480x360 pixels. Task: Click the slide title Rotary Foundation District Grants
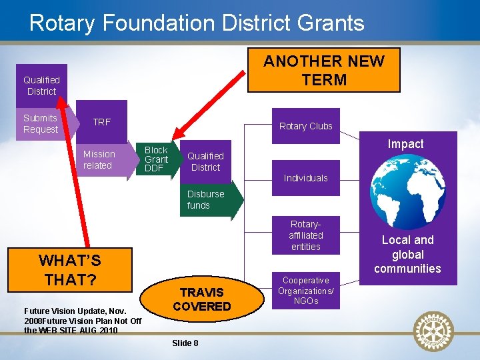[197, 23]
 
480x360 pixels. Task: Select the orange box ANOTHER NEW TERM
[323, 70]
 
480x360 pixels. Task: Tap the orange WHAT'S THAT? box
[70, 270]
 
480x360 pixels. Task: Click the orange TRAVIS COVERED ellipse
[201, 299]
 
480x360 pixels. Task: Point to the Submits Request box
[41, 123]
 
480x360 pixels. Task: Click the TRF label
[102, 122]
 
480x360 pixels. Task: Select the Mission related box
[99, 160]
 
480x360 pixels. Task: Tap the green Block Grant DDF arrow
[157, 159]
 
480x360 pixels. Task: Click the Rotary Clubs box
[306, 126]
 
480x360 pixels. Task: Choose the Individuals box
[306, 178]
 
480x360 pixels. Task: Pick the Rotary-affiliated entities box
[306, 235]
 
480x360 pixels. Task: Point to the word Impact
[405, 144]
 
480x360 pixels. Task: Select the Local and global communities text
[407, 254]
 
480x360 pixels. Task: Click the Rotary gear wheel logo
[433, 331]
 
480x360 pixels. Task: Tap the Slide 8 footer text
[185, 343]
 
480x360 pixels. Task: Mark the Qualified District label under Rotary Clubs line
[205, 161]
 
